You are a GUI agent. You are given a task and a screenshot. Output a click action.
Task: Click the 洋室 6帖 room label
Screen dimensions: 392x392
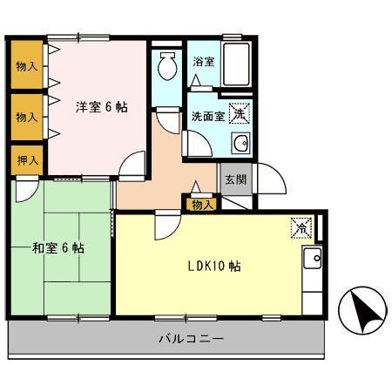101,107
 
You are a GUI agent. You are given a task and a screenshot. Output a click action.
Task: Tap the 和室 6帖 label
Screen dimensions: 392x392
58,248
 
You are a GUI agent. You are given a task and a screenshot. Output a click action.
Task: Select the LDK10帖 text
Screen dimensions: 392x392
213,266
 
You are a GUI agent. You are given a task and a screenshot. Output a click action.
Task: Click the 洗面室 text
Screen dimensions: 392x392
208,115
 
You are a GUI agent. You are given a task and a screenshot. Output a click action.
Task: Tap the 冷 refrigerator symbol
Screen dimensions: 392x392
301,227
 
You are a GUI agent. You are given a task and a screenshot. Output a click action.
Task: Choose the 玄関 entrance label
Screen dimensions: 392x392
234,179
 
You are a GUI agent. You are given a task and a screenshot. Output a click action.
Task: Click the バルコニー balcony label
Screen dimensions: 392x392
191,338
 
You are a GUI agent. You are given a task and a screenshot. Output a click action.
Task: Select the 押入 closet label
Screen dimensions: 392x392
27,159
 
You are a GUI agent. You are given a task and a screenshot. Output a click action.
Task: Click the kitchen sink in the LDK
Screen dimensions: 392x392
311,259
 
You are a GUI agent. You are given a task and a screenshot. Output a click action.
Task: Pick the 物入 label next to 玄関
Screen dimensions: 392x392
201,204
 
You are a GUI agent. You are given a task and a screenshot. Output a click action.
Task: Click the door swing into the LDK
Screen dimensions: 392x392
165,227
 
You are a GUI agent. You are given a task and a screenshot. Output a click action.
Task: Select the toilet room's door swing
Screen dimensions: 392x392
166,118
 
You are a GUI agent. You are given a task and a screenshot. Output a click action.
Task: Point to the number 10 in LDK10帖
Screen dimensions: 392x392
222,266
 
